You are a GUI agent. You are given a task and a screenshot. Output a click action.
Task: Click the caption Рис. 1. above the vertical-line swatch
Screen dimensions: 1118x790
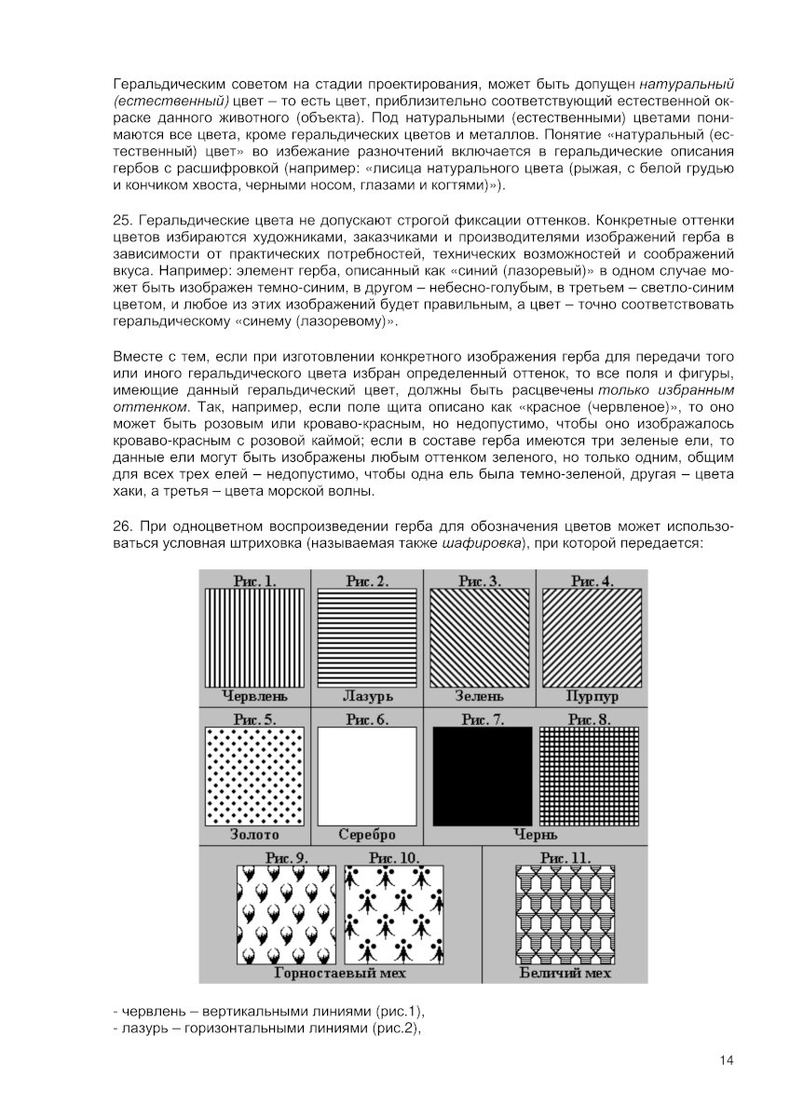coord(254,581)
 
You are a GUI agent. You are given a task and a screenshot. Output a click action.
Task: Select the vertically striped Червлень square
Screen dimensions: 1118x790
coord(254,638)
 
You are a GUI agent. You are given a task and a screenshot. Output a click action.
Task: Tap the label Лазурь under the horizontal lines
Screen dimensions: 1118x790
coord(367,696)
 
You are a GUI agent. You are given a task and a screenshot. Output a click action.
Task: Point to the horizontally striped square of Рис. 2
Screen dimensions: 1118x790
coord(367,638)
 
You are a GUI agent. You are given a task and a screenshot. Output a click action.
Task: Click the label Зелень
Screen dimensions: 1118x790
coord(479,696)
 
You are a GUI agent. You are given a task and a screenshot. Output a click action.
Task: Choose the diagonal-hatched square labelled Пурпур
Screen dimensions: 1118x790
coord(592,638)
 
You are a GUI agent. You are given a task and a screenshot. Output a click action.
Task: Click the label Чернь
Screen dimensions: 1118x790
coord(537,836)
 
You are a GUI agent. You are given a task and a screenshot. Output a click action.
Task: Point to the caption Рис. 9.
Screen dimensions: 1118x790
coord(287,856)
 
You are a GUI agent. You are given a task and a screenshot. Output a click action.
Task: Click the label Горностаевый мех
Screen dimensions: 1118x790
coord(340,974)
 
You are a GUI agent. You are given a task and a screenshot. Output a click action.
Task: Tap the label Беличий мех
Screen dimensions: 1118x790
coord(565,974)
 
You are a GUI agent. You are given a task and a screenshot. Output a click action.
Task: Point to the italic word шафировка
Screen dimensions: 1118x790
coord(479,543)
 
